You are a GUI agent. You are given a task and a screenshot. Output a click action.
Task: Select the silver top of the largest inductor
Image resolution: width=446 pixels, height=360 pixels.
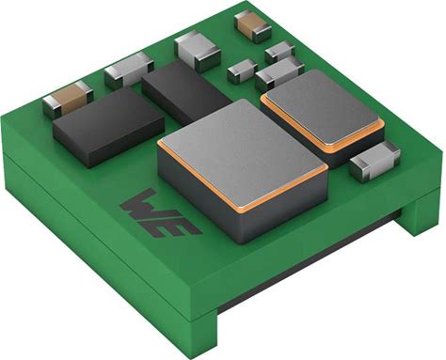243,150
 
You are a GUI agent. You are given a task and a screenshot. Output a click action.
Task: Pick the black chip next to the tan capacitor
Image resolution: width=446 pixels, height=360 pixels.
108,126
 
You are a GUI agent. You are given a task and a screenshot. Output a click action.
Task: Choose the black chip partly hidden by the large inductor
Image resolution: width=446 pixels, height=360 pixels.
186,91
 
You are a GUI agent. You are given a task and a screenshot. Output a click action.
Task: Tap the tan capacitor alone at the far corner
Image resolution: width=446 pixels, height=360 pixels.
253,26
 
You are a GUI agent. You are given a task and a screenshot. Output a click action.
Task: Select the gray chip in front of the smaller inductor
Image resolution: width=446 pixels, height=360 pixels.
375,161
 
